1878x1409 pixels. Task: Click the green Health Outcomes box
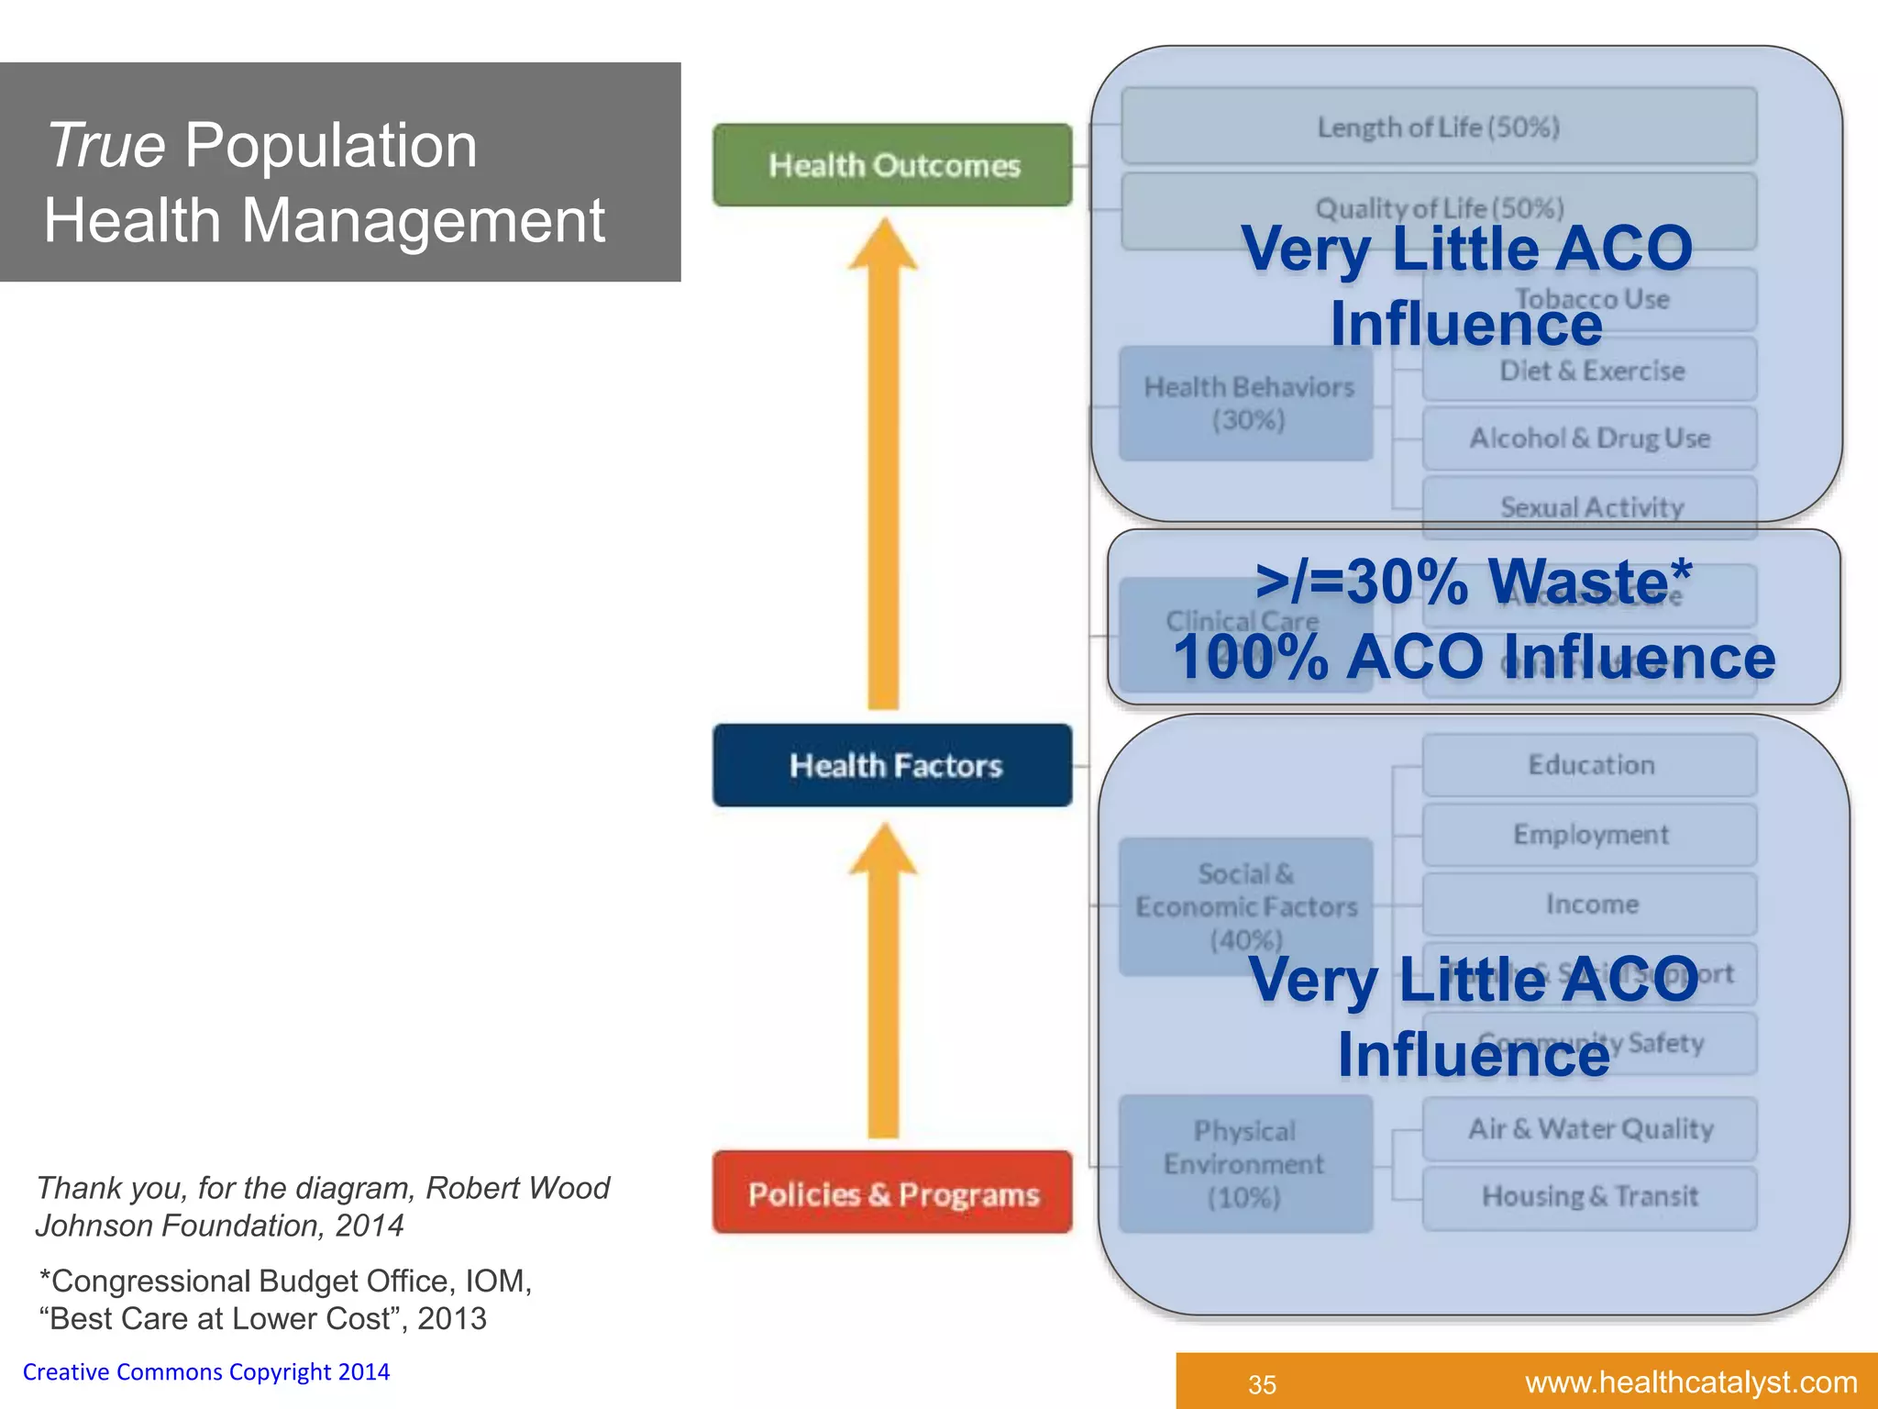pyautogui.click(x=892, y=165)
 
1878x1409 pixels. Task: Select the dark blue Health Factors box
pyautogui.click(x=892, y=765)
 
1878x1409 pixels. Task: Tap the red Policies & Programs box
pyautogui.click(x=892, y=1193)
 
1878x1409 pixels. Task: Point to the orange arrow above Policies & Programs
pyautogui.click(x=883, y=982)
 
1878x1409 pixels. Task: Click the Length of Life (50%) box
pyautogui.click(x=1438, y=127)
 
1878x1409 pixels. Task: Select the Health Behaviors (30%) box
pyautogui.click(x=1247, y=404)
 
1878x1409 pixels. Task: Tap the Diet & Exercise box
pyautogui.click(x=1591, y=371)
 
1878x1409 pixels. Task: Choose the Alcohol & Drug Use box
pyautogui.click(x=1589, y=438)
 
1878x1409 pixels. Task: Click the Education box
pyautogui.click(x=1589, y=765)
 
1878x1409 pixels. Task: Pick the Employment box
pyautogui.click(x=1589, y=835)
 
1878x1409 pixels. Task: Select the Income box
pyautogui.click(x=1589, y=904)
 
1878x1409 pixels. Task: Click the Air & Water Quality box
pyautogui.click(x=1589, y=1128)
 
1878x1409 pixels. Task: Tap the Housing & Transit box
pyautogui.click(x=1589, y=1197)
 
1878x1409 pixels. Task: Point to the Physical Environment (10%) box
pyautogui.click(x=1245, y=1163)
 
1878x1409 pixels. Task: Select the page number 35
pyautogui.click(x=1262, y=1384)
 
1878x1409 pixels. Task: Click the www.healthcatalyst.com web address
pyautogui.click(x=1691, y=1381)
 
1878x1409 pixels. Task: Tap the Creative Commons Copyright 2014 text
pyautogui.click(x=206, y=1371)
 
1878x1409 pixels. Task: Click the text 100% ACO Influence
pyautogui.click(x=1474, y=657)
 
